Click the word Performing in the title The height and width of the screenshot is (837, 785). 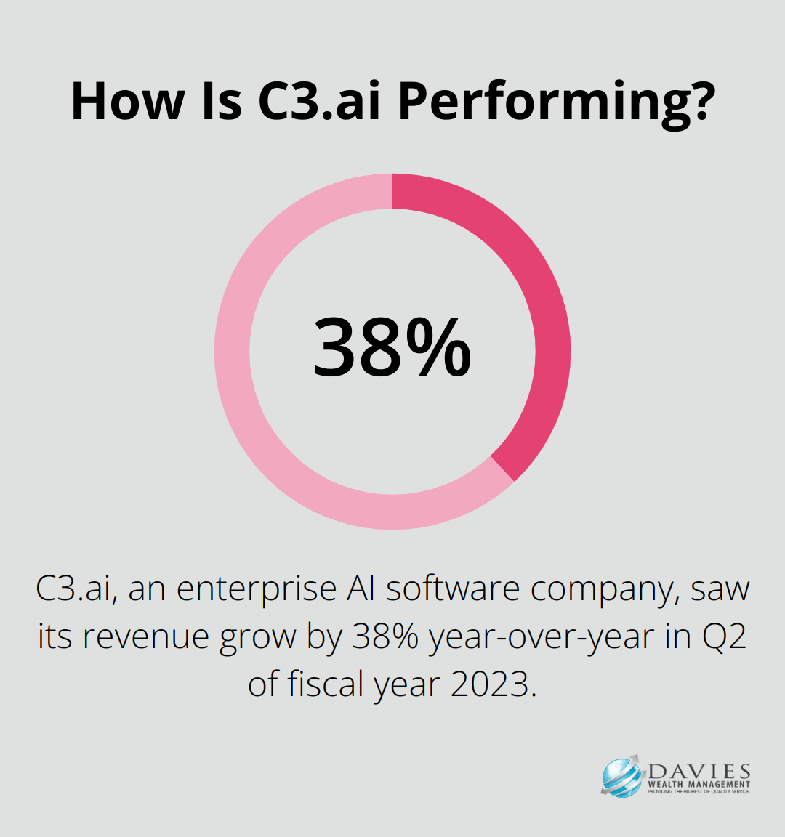point(557,102)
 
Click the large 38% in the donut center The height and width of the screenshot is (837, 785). point(392,347)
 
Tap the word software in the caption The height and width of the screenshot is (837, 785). point(452,589)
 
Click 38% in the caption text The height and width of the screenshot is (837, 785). point(385,636)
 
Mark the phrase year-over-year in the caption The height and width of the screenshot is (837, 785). point(542,637)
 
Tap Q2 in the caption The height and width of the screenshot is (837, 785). point(724,636)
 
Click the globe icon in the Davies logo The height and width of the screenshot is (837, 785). point(621,776)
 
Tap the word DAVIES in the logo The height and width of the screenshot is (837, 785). point(699,771)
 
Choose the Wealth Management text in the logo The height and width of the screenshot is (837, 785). point(699,784)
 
